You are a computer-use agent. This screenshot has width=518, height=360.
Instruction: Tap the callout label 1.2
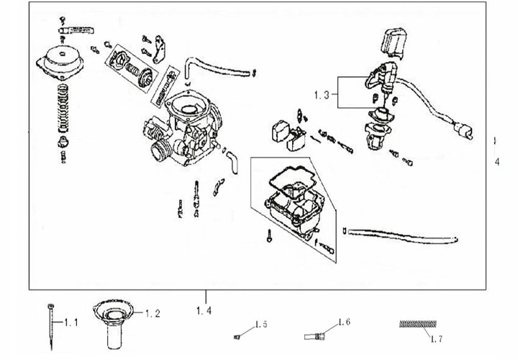coord(153,314)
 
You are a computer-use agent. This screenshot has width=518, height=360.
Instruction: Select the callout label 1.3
coord(322,94)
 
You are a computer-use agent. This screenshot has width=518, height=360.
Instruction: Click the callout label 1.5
coord(260,325)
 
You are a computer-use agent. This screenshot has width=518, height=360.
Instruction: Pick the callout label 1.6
coord(343,322)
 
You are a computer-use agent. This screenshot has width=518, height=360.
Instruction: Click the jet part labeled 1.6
coord(317,335)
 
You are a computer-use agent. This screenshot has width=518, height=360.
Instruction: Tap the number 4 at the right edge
coord(496,162)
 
